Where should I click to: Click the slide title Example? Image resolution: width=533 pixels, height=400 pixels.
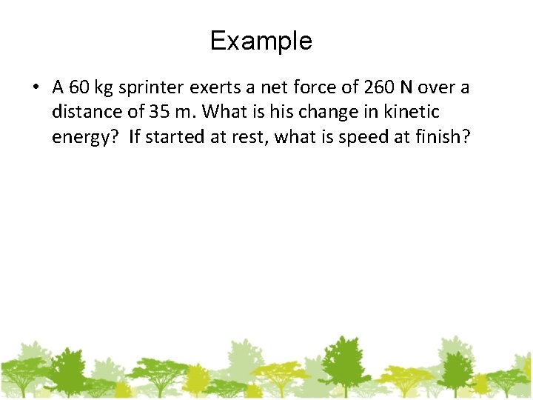[x=261, y=41]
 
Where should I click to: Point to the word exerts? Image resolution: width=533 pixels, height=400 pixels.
[x=215, y=88]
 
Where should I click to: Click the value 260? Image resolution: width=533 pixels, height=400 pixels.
[x=377, y=87]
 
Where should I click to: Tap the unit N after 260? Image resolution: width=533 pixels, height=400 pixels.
[x=406, y=87]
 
